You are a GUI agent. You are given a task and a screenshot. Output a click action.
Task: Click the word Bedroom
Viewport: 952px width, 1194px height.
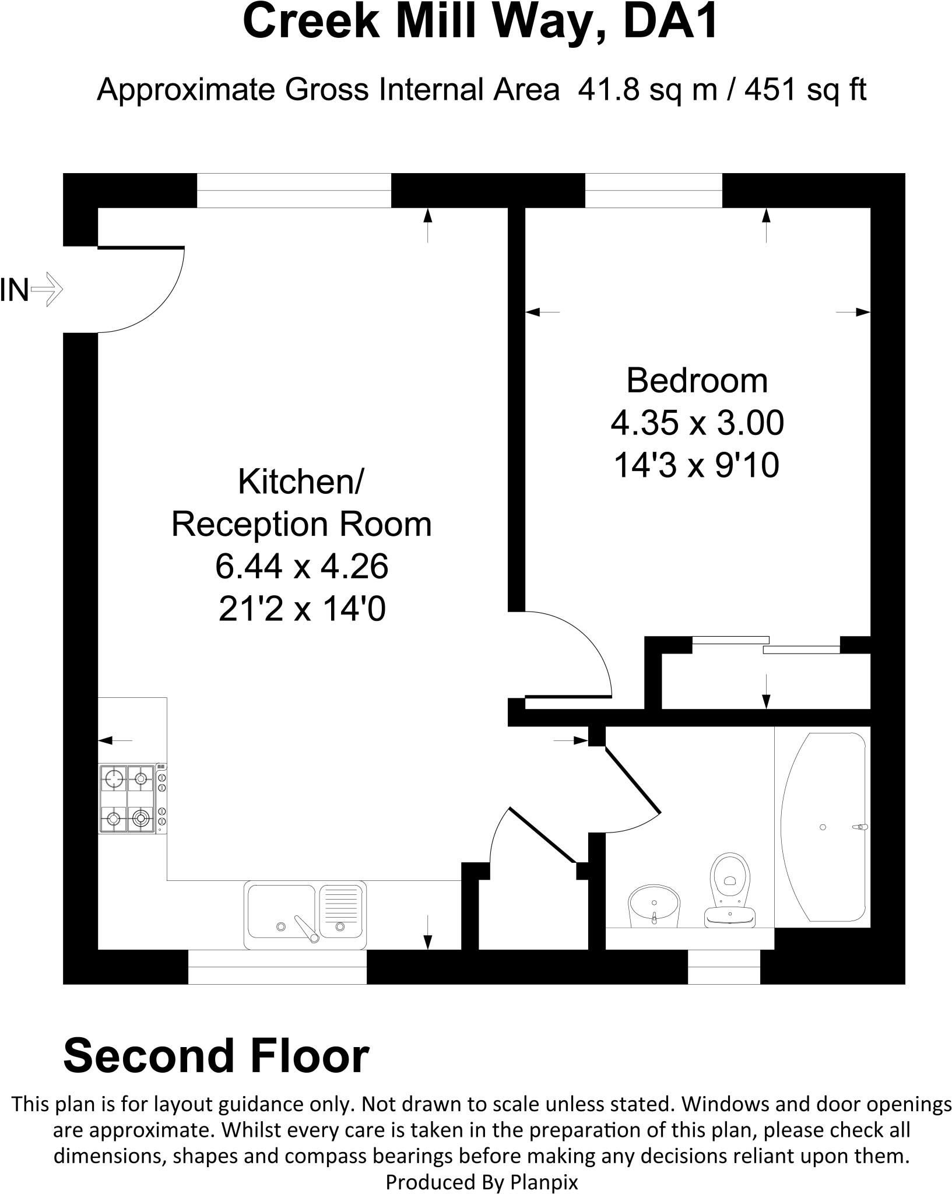[x=697, y=381]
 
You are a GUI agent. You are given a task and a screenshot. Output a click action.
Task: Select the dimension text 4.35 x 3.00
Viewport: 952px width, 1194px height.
[x=697, y=423]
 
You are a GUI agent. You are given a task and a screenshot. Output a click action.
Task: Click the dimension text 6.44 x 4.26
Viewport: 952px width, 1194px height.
[x=301, y=566]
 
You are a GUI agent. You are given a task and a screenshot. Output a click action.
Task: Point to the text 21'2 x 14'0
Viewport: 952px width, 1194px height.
[x=301, y=610]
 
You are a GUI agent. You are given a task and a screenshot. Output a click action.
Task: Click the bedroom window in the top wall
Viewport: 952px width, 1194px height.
[x=654, y=191]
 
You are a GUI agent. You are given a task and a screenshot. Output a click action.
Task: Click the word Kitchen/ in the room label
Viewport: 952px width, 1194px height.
[x=301, y=482]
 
